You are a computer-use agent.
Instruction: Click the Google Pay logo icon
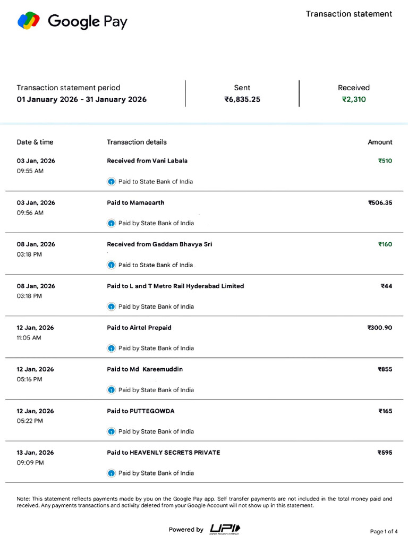coord(29,21)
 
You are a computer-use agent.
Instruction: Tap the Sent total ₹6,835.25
coord(242,99)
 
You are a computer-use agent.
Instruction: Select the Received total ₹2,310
coord(354,99)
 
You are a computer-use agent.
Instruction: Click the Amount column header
coord(380,142)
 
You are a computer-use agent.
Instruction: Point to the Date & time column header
coord(35,142)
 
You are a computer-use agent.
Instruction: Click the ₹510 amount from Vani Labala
coord(385,160)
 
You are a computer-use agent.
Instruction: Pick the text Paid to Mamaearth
coord(135,202)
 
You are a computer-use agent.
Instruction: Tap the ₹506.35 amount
coord(380,202)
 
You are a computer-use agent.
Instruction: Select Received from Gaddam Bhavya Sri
coord(159,244)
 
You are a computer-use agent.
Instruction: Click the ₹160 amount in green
coord(385,244)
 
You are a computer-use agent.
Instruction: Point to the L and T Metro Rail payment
coord(175,286)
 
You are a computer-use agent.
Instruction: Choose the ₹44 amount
coord(386,286)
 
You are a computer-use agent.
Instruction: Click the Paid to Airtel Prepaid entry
coord(139,328)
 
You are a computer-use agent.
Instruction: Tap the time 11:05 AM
coord(30,338)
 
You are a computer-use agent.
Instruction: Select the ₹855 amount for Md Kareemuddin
coord(385,369)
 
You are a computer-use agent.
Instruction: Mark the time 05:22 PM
coord(30,421)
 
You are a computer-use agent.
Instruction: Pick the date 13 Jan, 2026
coord(35,453)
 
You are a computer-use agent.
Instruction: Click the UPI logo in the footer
coord(225,529)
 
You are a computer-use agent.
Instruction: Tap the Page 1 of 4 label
coord(384,532)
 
